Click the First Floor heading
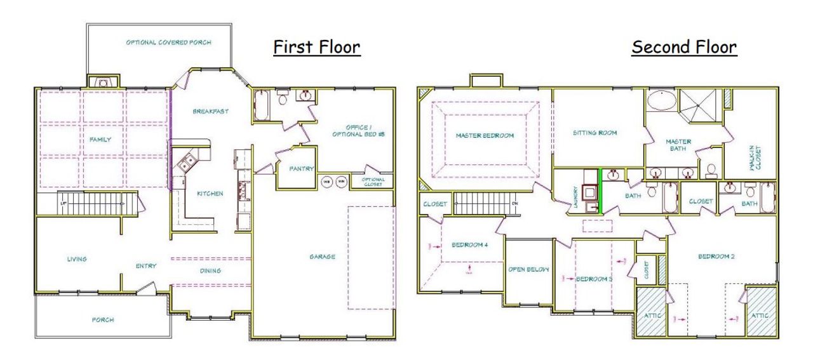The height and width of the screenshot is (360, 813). [316, 48]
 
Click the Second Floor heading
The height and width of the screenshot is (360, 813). [683, 48]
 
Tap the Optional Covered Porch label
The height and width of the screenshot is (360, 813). [168, 43]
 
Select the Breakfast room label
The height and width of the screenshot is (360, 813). [210, 112]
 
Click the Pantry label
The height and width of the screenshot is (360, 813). [298, 170]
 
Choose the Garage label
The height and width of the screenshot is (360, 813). [322, 257]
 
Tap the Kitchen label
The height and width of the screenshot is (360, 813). [210, 194]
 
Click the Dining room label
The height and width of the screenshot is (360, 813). [210, 271]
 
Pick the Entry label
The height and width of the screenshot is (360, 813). [146, 266]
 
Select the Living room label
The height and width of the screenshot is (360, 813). [76, 259]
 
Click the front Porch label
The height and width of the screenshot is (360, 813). [102, 319]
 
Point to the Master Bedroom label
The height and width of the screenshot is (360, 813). [484, 135]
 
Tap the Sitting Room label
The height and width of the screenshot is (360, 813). [595, 133]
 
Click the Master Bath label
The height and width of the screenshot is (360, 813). [678, 145]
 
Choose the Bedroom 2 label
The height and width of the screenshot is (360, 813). [716, 257]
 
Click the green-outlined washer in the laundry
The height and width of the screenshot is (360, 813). [591, 191]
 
